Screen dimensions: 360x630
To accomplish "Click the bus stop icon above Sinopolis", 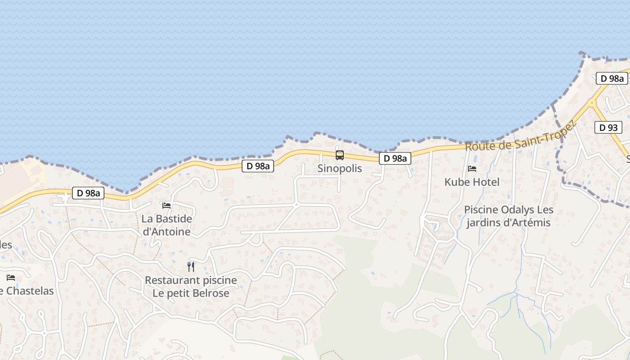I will [340, 155].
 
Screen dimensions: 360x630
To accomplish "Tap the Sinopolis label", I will [340, 169].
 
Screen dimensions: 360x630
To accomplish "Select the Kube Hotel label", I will [472, 182].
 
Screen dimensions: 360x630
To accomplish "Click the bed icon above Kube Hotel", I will [472, 169].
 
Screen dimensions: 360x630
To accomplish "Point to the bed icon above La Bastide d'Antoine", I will [166, 206].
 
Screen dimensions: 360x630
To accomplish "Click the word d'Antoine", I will [166, 232].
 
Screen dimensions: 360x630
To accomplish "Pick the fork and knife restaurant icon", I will [191, 267].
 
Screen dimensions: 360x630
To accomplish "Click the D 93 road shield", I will [608, 128].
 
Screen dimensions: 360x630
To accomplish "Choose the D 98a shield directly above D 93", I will [612, 79].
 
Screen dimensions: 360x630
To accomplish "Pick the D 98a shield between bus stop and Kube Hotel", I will [395, 158].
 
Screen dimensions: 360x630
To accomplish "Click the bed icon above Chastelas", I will [11, 278].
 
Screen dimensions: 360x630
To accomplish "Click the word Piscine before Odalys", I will [480, 210].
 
